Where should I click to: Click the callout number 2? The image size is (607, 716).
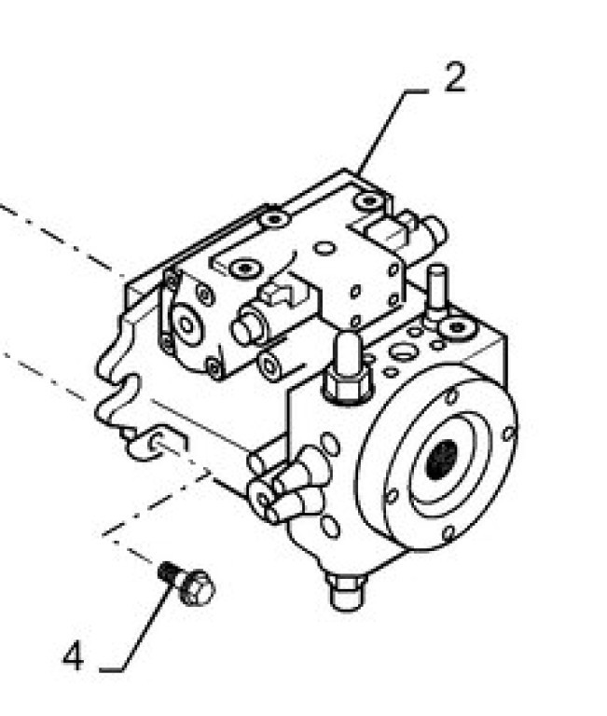click(x=455, y=77)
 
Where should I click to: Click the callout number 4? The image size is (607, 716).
click(x=74, y=655)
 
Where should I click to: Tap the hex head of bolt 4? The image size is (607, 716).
click(x=198, y=586)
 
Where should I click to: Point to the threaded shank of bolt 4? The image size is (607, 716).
click(x=169, y=572)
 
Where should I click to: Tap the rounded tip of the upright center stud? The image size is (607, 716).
click(x=348, y=337)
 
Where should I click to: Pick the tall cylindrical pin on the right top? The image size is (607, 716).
click(x=437, y=291)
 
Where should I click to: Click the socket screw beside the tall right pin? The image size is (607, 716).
click(x=457, y=327)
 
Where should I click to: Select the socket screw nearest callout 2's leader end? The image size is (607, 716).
click(x=369, y=200)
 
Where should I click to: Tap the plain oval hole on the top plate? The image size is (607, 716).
click(x=325, y=248)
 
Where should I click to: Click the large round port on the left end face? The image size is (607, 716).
click(x=186, y=324)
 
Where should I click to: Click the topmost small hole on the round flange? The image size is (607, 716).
click(x=450, y=395)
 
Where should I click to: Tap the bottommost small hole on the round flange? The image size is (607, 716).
click(x=448, y=533)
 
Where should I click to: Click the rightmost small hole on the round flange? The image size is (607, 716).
click(x=508, y=433)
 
